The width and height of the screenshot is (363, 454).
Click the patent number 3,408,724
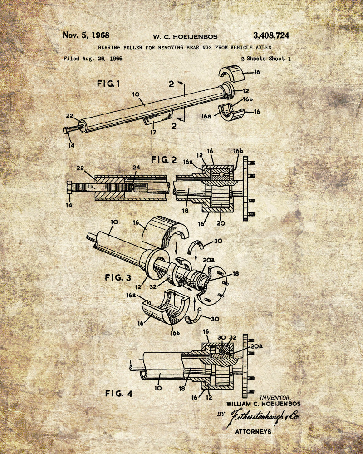coord(271,35)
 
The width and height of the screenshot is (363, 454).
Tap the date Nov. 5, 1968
coord(86,35)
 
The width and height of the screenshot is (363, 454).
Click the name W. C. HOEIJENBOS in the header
coord(185,37)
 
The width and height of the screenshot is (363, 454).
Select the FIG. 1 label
coord(108,84)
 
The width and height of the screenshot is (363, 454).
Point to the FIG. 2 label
coord(164,160)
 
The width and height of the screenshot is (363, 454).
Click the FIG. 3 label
coord(118,278)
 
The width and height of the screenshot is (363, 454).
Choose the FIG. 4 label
coord(119,394)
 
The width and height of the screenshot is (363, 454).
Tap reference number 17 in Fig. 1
coord(153,132)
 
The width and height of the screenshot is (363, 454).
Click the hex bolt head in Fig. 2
coord(69,188)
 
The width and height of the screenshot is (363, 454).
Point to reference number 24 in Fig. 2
coord(136,168)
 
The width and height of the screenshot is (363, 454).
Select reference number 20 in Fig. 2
coord(221,223)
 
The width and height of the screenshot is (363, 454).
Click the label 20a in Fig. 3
coord(209,260)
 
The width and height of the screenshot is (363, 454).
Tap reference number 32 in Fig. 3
coord(153,286)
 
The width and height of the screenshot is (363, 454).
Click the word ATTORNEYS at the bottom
coord(253,432)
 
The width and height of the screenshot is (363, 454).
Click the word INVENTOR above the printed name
coord(275,398)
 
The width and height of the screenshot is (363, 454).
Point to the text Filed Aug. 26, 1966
coord(93,59)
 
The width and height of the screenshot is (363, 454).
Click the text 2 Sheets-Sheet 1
coord(266,59)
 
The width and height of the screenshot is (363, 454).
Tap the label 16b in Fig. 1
coord(247,99)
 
